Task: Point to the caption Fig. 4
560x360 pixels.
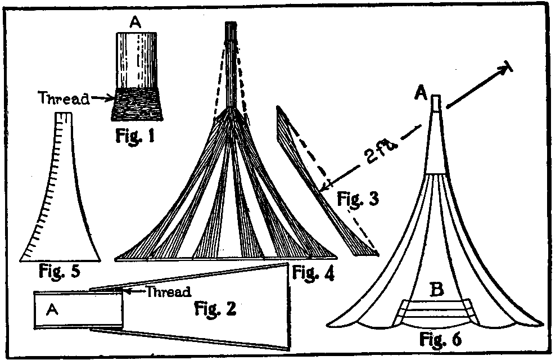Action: [x=313, y=274]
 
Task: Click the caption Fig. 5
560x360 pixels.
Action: [x=59, y=272]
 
